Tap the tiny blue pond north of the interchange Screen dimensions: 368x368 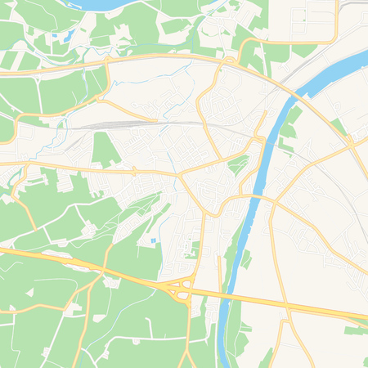(153, 240)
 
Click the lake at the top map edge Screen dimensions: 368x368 (98, 4)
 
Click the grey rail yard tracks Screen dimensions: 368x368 (114, 124)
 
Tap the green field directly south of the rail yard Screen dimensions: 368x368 (105, 149)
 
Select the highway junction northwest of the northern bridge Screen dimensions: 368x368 (228, 61)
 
